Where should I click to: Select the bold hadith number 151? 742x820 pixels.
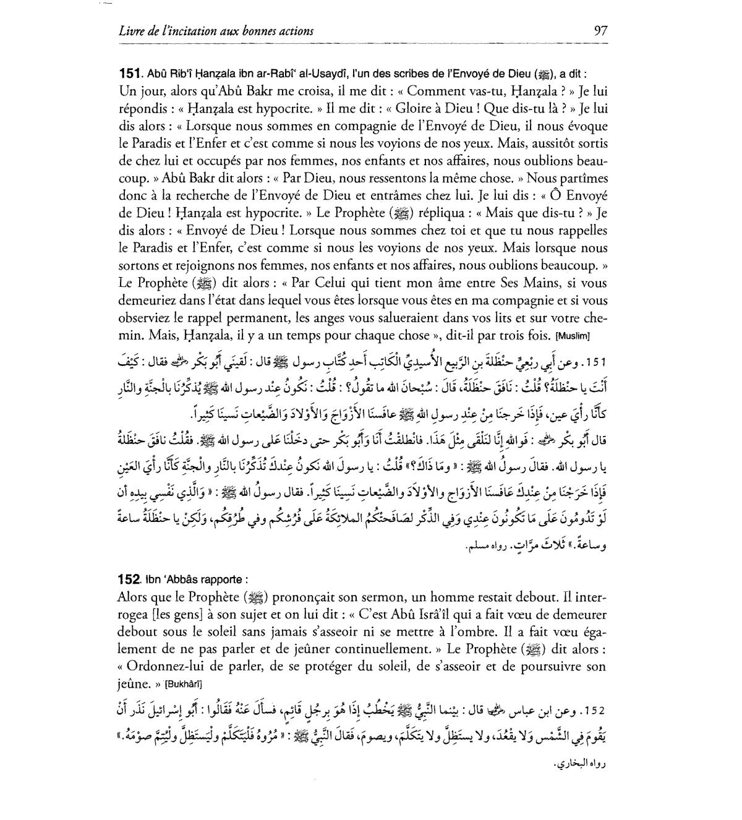(130, 74)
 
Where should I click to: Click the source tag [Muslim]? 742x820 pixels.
(574, 336)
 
